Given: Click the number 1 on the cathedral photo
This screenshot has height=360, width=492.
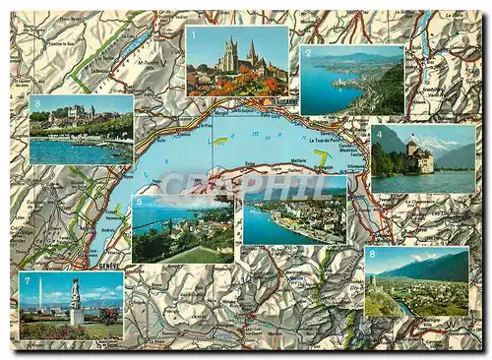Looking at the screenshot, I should pyautogui.click(x=193, y=33).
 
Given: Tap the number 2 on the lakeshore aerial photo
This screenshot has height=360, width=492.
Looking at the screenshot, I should pyautogui.click(x=307, y=53).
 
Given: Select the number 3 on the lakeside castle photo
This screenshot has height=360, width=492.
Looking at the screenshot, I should pyautogui.click(x=36, y=102).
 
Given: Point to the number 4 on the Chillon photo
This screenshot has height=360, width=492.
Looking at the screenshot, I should pyautogui.click(x=378, y=132).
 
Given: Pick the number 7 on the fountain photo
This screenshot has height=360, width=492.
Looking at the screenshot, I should pyautogui.click(x=26, y=279).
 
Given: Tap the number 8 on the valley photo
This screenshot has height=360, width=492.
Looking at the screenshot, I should pyautogui.click(x=371, y=254).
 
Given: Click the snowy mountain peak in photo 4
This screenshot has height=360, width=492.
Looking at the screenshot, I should pyautogui.click(x=433, y=143).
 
